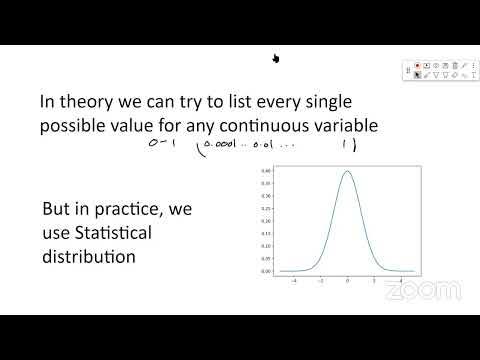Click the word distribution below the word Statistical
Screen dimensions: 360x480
(x=87, y=258)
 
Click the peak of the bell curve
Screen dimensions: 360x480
(x=347, y=171)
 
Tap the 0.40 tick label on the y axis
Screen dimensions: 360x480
(x=266, y=171)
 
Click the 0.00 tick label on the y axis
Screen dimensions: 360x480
(x=266, y=271)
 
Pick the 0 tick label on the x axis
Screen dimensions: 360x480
(x=347, y=282)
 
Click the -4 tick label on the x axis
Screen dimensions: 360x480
(x=293, y=282)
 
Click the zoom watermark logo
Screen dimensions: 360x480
(x=423, y=290)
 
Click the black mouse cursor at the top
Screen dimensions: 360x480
(x=274, y=57)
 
